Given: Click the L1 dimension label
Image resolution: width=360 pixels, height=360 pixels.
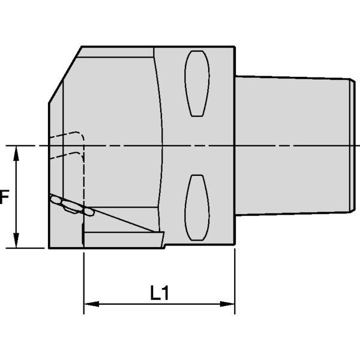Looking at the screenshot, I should click(x=160, y=293).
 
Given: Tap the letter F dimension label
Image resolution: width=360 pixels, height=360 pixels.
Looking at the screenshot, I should click(x=4, y=197).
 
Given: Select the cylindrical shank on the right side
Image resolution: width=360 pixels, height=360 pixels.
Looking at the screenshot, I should click(x=294, y=144).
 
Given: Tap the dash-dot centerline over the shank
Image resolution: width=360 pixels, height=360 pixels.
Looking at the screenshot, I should click(x=294, y=146).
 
